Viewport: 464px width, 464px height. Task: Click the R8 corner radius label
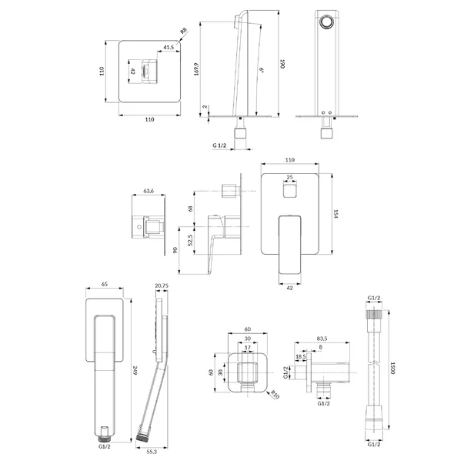pyautogui.click(x=184, y=31)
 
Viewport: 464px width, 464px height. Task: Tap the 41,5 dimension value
pyautogui.click(x=169, y=47)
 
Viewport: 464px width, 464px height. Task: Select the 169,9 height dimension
pyautogui.click(x=196, y=69)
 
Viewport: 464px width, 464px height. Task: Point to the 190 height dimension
pyautogui.click(x=282, y=64)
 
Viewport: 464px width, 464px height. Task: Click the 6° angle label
pyautogui.click(x=262, y=70)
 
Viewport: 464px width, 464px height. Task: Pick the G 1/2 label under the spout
pyautogui.click(x=219, y=145)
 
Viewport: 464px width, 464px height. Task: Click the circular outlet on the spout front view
pyautogui.click(x=327, y=23)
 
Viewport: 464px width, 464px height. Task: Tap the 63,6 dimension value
pyautogui.click(x=149, y=191)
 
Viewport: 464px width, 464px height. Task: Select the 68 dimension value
pyautogui.click(x=190, y=209)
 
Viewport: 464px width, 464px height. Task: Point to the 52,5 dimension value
pyautogui.click(x=190, y=240)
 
